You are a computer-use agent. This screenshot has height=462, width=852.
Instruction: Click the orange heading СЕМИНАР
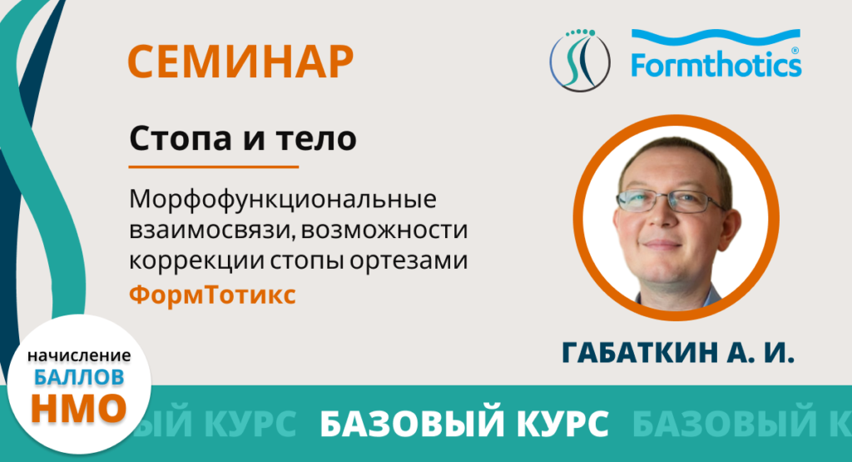240,62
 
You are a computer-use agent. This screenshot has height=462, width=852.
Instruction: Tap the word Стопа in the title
181,138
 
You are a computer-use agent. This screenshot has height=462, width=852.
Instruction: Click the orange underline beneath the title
214,166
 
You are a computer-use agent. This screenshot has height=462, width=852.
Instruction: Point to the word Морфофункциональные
283,200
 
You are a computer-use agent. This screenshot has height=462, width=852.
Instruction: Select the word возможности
384,231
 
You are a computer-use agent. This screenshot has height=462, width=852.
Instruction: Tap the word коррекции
196,261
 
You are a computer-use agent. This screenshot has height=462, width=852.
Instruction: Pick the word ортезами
409,261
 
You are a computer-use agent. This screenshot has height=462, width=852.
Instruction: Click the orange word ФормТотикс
212,295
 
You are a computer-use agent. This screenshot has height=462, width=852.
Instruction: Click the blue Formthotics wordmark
716,54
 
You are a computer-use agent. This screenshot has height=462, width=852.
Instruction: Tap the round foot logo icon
580,60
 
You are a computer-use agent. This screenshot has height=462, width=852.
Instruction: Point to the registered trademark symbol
795,51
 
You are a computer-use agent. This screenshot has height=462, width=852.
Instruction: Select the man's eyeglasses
671,201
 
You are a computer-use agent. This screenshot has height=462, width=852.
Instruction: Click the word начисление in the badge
79,355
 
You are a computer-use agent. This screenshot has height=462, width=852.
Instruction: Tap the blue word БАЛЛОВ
79,376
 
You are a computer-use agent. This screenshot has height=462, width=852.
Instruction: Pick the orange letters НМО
79,408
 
